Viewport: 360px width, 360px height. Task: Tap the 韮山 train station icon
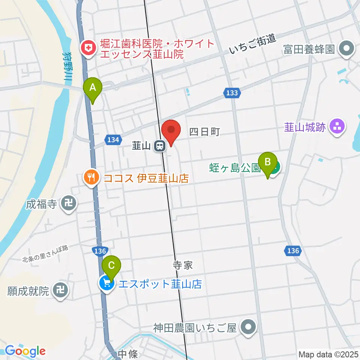point(160,145)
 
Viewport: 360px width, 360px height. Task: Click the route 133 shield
point(232,93)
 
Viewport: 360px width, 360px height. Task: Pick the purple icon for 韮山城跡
point(337,127)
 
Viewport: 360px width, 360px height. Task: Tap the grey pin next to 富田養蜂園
point(346,49)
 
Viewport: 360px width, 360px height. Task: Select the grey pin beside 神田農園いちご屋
point(248,327)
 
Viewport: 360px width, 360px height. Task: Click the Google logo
point(25,351)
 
